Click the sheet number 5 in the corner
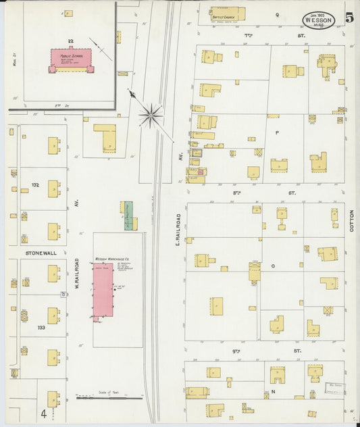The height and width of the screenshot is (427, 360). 349,18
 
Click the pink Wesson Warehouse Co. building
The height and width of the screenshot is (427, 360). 103,293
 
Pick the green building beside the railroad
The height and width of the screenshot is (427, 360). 127,216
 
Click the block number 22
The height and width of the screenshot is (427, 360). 70,41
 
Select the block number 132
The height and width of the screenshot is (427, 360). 34,184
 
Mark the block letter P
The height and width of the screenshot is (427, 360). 277,134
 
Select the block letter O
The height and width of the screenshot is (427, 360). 273,266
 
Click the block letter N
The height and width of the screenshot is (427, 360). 273,391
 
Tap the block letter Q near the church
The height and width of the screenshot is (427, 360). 277,14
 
